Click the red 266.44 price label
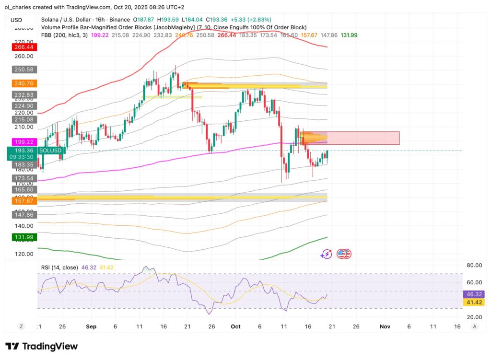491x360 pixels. tap(24, 47)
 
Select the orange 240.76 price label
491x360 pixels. tap(24, 83)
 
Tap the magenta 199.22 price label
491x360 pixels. tap(24, 142)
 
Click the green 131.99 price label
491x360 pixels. tap(24, 237)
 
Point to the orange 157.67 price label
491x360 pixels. tap(24, 200)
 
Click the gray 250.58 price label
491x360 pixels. tap(24, 70)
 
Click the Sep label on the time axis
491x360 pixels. tap(91, 326)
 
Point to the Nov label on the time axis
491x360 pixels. tap(385, 326)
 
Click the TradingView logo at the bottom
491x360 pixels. tap(42, 346)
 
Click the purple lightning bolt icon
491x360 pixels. tap(327, 254)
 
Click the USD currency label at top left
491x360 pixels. tap(16, 20)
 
